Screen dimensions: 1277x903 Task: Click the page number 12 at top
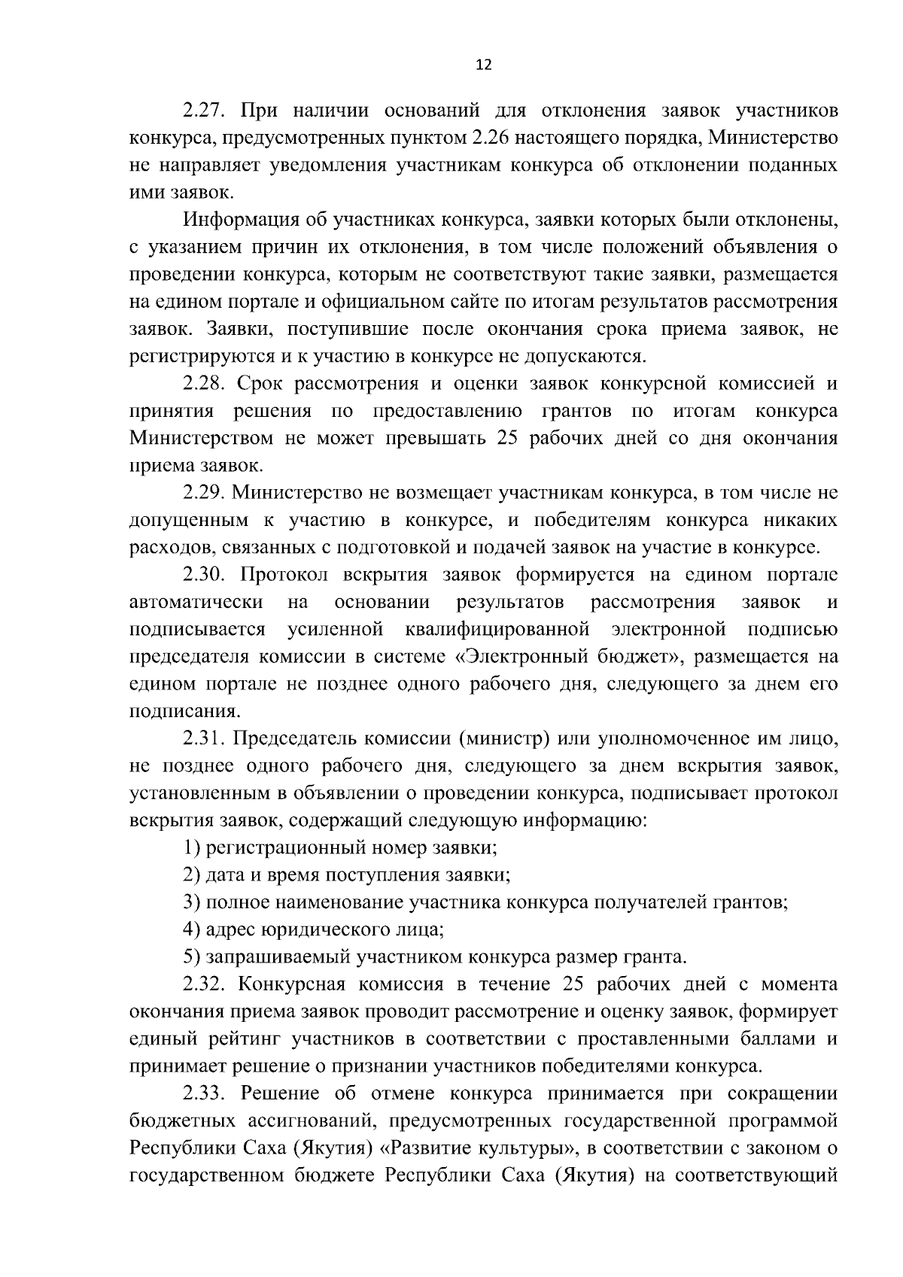point(484,65)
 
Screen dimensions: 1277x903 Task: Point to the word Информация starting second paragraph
point(241,220)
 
